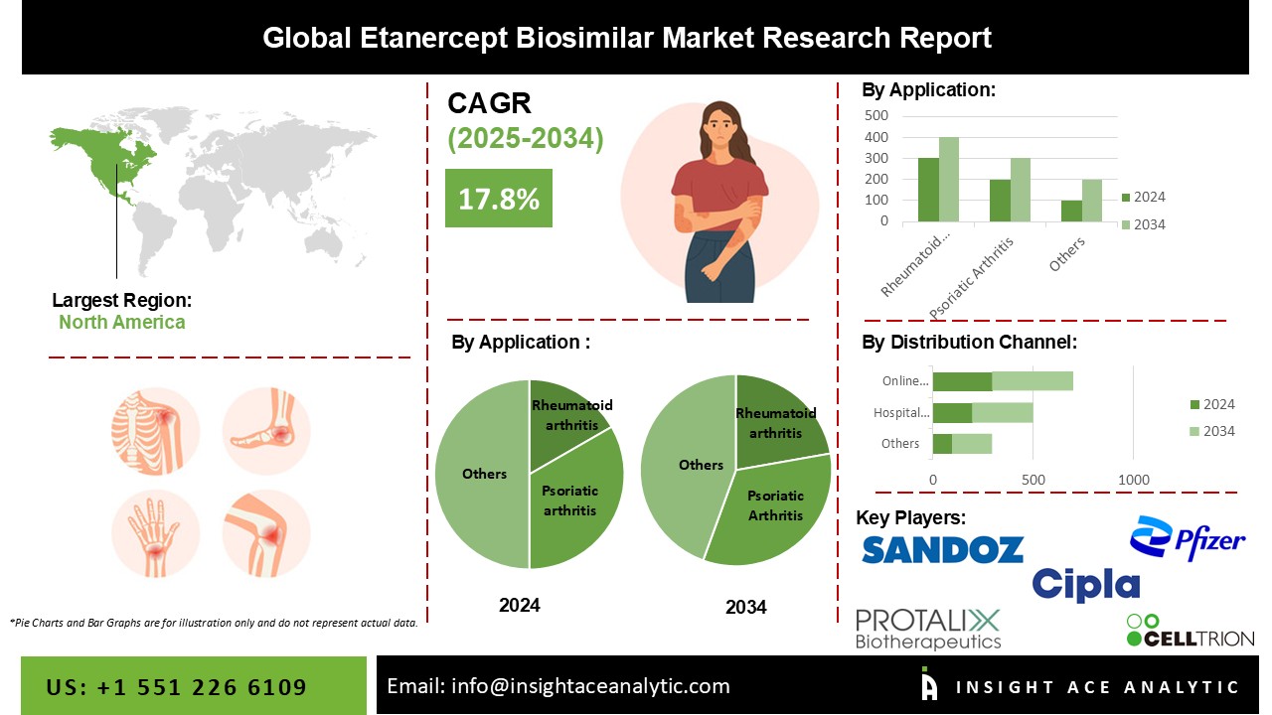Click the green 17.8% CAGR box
tap(499, 198)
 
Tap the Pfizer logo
tap(1188, 538)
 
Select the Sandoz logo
tap(943, 549)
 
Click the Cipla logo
tap(1086, 585)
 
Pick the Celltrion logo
tap(1191, 631)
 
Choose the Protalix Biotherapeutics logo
tap(928, 630)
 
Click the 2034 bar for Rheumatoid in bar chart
tap(949, 180)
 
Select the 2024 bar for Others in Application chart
tap(1071, 212)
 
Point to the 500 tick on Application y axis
tap(876, 116)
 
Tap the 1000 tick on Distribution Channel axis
tap(1134, 480)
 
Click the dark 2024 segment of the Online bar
tap(963, 381)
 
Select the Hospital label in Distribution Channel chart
tap(901, 412)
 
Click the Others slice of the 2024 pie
tap(483, 475)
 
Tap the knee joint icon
tap(266, 534)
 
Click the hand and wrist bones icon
tap(155, 534)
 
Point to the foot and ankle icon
tap(266, 431)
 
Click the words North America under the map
tap(122, 323)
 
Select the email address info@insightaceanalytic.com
tap(590, 686)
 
